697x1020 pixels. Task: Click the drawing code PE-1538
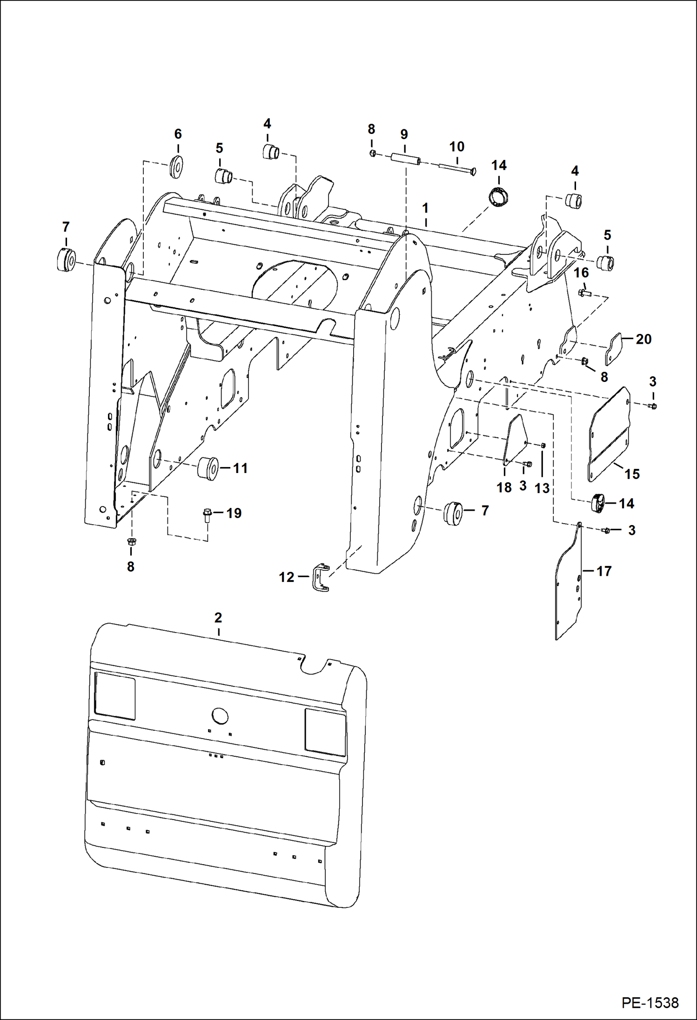[x=650, y=1002]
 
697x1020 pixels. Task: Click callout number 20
[x=643, y=339]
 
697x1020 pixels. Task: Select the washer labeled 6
[x=176, y=167]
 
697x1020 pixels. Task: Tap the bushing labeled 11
[x=208, y=468]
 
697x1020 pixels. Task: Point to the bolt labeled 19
[x=208, y=515]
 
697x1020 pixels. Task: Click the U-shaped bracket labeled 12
[x=320, y=578]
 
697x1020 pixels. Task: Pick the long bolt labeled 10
[x=456, y=167]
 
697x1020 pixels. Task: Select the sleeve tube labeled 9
[x=405, y=159]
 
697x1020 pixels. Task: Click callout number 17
[x=603, y=571]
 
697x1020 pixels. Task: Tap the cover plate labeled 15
[x=609, y=433]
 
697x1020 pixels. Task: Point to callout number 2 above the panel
[x=218, y=618]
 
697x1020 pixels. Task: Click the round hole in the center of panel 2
[x=220, y=715]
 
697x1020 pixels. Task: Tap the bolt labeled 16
[x=584, y=293]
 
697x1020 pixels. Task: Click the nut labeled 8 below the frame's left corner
[x=131, y=542]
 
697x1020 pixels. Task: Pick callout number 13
[x=542, y=488]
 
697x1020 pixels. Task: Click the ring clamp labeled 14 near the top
[x=498, y=197]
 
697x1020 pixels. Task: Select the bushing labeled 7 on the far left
[x=66, y=260]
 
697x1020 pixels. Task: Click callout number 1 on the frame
[x=425, y=208]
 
